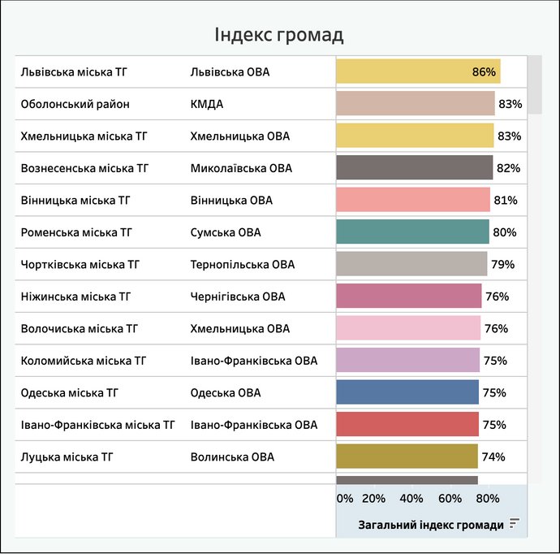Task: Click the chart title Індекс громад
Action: (x=279, y=35)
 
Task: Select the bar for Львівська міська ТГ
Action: (x=418, y=71)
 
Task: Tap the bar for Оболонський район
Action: (x=416, y=104)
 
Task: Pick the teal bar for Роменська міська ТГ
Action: (x=412, y=232)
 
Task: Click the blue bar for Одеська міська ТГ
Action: (x=407, y=392)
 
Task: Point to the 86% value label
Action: (x=484, y=72)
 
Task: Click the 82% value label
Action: (x=507, y=168)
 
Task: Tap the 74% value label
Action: (x=493, y=457)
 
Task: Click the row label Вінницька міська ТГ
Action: (x=76, y=201)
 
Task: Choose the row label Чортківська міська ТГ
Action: (x=80, y=265)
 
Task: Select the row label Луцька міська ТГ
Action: (x=67, y=457)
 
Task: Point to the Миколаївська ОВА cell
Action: (x=241, y=168)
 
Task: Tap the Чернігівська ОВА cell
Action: (x=239, y=296)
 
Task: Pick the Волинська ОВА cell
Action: (x=232, y=457)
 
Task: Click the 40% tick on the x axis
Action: (x=411, y=497)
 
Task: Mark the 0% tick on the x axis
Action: (x=345, y=497)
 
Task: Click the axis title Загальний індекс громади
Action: (x=431, y=525)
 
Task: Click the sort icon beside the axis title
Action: (x=514, y=524)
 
